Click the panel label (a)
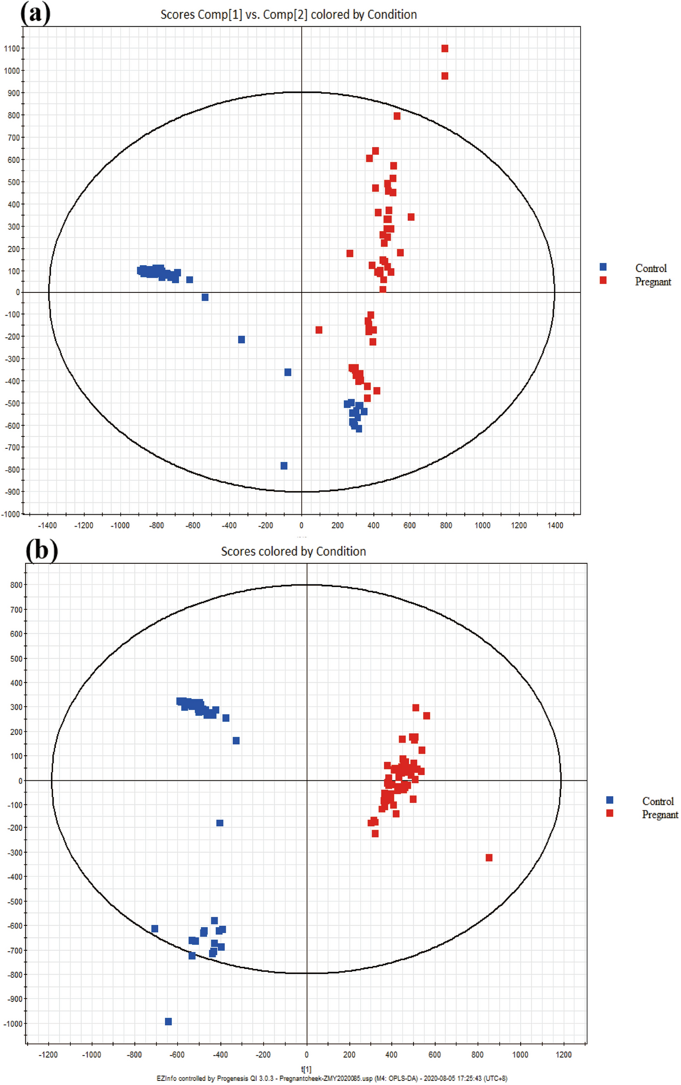coord(35,14)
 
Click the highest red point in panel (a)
coord(444,49)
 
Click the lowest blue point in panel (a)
coord(283,466)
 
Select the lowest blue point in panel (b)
coord(168,1021)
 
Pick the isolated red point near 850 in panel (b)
coord(488,858)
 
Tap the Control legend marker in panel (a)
coord(602,267)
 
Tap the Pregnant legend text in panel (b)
coord(659,814)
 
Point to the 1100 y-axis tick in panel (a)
coord(12,49)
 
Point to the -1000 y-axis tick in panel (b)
coord(13,1023)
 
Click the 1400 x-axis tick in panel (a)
coord(555,525)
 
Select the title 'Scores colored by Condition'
coord(293,551)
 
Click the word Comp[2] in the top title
coord(285,15)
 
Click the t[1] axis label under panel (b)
coord(306,1069)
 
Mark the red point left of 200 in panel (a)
coord(318,330)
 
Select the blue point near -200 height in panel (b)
coord(219,823)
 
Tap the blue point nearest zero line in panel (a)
coord(205,297)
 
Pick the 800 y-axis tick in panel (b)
coord(16,585)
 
